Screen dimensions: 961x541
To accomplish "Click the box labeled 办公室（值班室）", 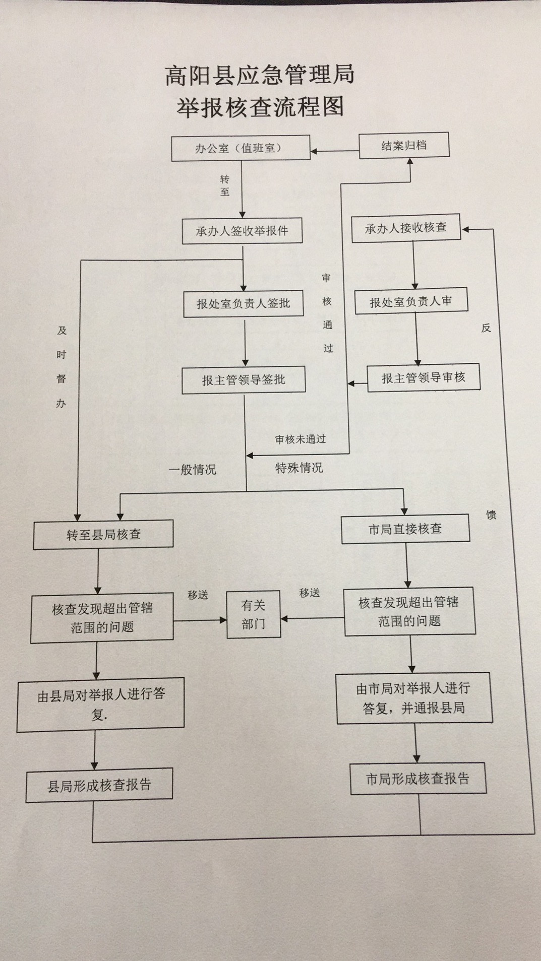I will point(241,149).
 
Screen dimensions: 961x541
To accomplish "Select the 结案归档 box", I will point(404,146).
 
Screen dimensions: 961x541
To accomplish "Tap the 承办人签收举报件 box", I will point(242,231).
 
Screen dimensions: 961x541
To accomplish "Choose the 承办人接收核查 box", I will point(406,228).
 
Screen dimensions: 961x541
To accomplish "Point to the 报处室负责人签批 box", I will point(243,303).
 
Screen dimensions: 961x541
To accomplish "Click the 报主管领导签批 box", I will point(244,380).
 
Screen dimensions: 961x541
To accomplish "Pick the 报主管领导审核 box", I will point(423,378).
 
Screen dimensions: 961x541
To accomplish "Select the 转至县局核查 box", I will point(103,534).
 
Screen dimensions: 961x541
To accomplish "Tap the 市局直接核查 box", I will point(405,529).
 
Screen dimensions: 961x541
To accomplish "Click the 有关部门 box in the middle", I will point(253,614).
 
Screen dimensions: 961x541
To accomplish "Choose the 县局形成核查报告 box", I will point(99,785).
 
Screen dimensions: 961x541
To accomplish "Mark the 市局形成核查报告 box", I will point(418,779).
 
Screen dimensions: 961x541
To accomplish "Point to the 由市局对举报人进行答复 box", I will point(414,698).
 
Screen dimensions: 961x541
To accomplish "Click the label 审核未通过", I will point(300,439).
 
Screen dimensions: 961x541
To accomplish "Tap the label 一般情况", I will point(193,470).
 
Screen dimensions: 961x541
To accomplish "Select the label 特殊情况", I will point(299,468).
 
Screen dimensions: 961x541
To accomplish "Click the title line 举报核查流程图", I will point(260,107).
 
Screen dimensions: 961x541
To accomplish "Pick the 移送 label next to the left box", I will point(198,595).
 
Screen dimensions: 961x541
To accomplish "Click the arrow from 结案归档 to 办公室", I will point(335,151).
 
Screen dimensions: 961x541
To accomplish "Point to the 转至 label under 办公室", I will point(225,185).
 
